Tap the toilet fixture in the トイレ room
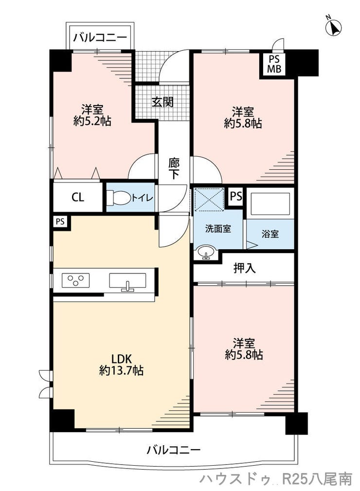(119, 198)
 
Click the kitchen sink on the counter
(127, 281)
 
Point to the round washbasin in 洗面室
(206, 251)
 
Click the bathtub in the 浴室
(270, 204)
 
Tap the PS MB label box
(274, 64)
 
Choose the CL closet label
(78, 197)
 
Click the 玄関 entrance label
(162, 102)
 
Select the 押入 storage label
(244, 268)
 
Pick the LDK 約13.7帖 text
(122, 364)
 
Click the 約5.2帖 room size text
(92, 121)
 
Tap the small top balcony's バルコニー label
(100, 38)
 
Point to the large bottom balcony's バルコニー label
(174, 450)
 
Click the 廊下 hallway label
(174, 169)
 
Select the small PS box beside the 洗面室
(236, 196)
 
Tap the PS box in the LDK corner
(60, 222)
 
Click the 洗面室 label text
(218, 229)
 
